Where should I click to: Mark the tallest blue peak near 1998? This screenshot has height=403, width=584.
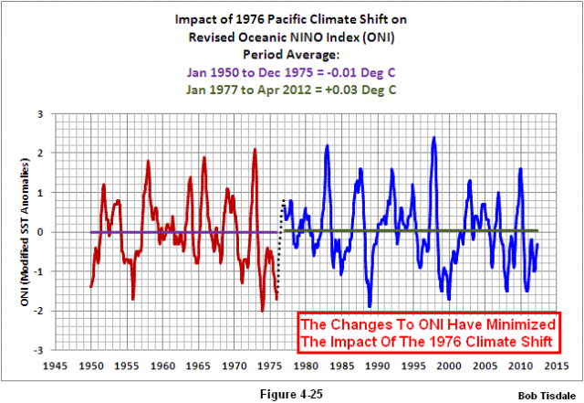click(433, 138)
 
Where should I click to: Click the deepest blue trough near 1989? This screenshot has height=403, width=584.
click(370, 305)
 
